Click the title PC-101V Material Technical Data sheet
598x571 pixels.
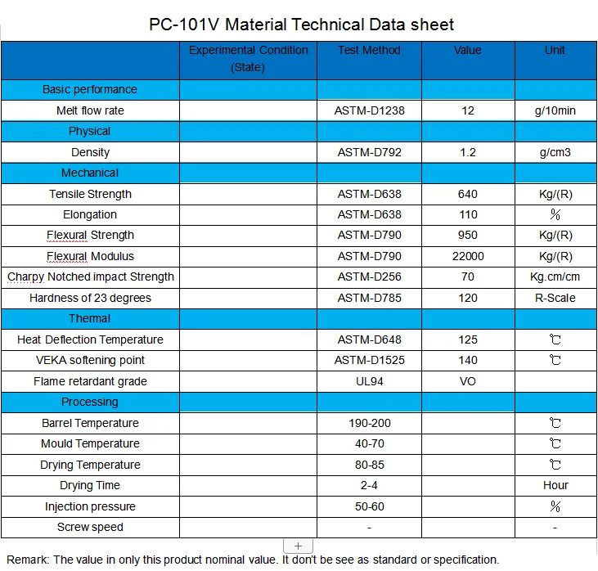[302, 25]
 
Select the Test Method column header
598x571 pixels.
[369, 51]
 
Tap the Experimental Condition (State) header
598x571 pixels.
[248, 59]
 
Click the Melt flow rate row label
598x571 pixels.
[90, 110]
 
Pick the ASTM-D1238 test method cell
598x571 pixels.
[369, 110]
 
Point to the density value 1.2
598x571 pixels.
[468, 152]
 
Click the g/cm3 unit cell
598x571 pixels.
[555, 152]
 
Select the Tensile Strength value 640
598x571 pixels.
[468, 194]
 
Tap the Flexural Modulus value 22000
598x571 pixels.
[468, 256]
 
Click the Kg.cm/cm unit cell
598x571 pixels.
[555, 277]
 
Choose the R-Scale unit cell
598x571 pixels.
[555, 298]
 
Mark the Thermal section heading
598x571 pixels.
[89, 318]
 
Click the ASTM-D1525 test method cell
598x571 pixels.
[369, 360]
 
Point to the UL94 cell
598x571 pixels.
[369, 381]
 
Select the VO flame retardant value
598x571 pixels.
[468, 381]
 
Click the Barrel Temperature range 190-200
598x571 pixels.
[369, 423]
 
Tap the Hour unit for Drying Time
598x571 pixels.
[555, 485]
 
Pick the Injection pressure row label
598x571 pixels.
[90, 506]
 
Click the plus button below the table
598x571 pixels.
[298, 546]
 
